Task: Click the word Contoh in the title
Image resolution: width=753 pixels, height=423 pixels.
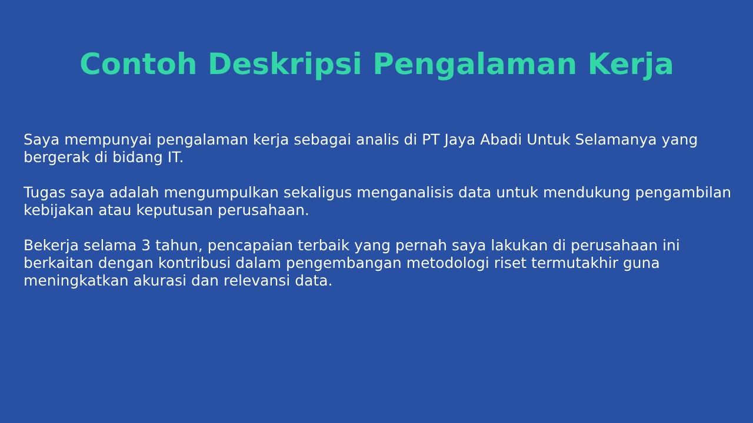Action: [138, 64]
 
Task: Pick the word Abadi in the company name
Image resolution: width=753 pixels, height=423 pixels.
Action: [501, 139]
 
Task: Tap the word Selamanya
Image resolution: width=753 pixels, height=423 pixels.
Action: [616, 140]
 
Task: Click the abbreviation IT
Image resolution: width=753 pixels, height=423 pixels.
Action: [174, 157]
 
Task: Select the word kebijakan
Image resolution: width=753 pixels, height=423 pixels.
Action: [58, 211]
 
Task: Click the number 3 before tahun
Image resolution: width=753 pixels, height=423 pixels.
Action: [145, 246]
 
